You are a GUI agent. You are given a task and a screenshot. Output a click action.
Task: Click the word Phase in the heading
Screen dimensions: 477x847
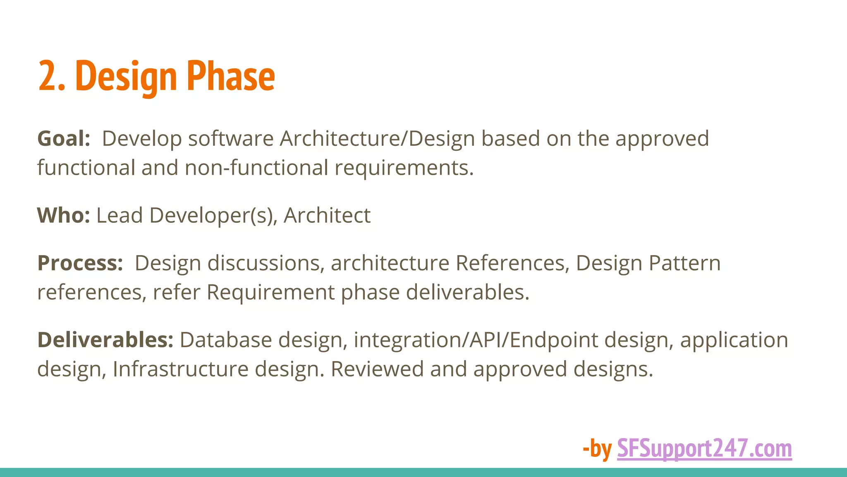230,76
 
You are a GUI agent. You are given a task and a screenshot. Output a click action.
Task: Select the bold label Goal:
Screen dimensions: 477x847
64,139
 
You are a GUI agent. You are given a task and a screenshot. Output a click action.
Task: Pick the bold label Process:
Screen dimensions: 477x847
80,263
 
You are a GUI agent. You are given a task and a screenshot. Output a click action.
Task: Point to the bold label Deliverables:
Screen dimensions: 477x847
105,340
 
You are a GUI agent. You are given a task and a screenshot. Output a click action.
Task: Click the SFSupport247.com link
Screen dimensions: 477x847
704,448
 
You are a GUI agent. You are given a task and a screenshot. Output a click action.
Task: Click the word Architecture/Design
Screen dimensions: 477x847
377,139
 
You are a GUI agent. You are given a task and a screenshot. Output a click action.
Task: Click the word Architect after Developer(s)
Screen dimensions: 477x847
327,216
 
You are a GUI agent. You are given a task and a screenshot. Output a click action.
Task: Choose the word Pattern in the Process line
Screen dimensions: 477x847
684,263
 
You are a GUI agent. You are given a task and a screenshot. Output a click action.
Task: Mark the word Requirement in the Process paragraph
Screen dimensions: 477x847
270,292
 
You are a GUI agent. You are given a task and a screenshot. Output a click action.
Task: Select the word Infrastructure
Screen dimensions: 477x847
180,369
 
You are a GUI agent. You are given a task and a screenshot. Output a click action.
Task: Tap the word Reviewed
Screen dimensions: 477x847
377,369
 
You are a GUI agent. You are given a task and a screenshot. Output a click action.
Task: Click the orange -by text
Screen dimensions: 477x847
597,448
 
